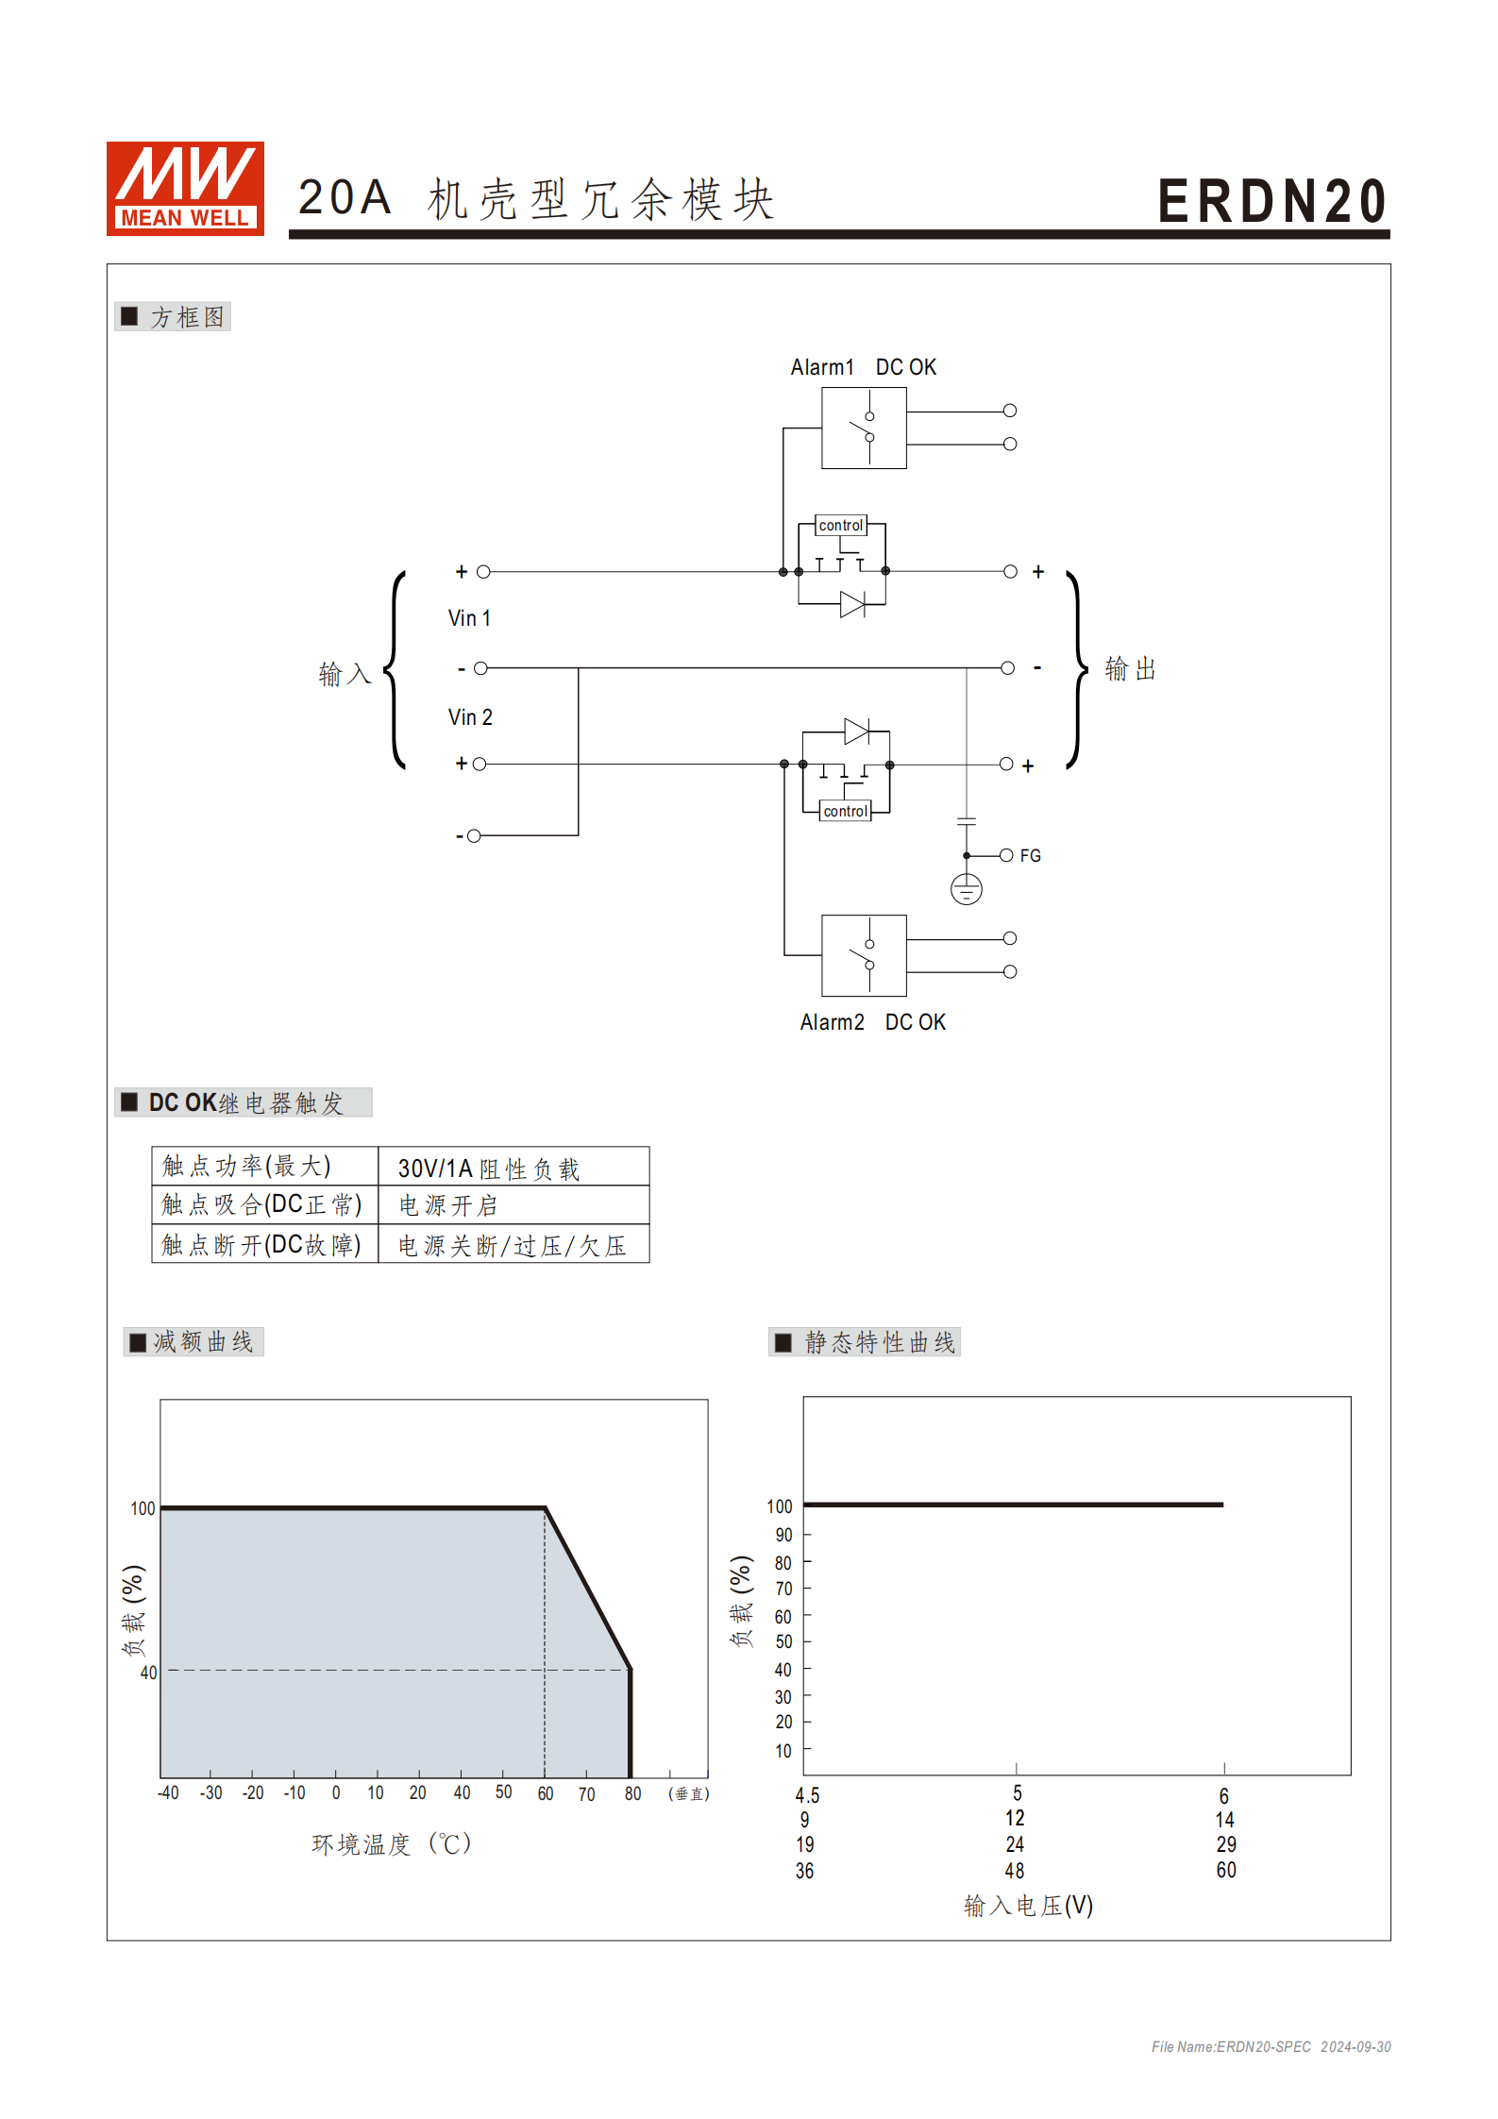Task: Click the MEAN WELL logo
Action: point(185,188)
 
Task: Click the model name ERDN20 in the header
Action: point(1271,201)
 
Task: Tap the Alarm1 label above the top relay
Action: point(821,367)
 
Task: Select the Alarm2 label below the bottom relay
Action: point(832,1022)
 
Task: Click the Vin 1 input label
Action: point(469,618)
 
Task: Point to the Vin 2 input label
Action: point(470,717)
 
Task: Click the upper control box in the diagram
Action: point(840,525)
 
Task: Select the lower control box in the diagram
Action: point(845,811)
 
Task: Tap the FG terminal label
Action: point(1030,855)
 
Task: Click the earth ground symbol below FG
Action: point(967,889)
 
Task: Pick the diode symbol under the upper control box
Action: point(852,604)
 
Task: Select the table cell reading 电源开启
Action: point(448,1205)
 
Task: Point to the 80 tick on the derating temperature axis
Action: point(632,1793)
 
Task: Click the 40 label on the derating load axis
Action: point(148,1673)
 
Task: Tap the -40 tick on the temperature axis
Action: point(168,1792)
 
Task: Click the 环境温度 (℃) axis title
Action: point(391,1844)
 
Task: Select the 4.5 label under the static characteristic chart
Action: point(807,1795)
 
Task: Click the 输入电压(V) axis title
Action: point(1028,1906)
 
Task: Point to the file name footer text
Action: point(1271,2046)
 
